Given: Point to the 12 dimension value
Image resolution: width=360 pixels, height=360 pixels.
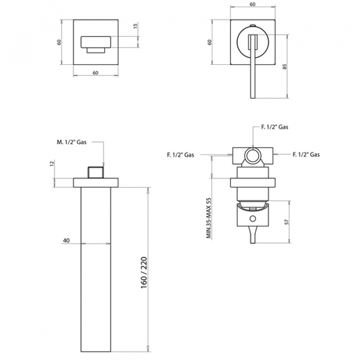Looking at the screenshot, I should click(x=53, y=164).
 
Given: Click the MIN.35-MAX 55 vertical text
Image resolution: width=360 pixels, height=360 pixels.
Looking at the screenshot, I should click(x=209, y=209).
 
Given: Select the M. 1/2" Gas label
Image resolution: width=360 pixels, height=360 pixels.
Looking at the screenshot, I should click(x=71, y=142).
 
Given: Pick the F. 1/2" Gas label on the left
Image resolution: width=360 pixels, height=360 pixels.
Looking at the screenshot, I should click(x=181, y=155).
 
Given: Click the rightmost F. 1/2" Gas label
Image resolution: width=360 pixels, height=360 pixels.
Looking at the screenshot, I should click(x=306, y=155).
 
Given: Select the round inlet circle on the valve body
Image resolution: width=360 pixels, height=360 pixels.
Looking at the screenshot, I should click(x=253, y=157).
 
